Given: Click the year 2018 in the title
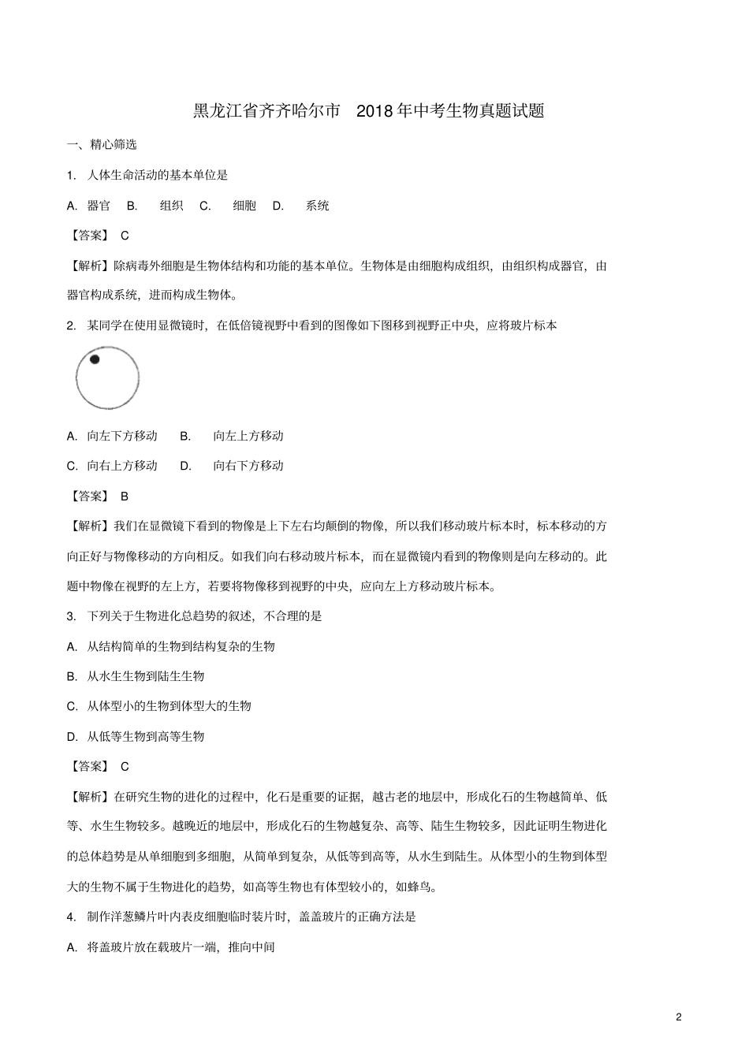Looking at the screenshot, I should pyautogui.click(x=375, y=111).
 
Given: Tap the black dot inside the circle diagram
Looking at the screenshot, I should pyautogui.click(x=95, y=359).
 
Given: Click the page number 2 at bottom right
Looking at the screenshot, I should pyautogui.click(x=679, y=1017).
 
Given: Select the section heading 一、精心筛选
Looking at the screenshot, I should pyautogui.click(x=102, y=144).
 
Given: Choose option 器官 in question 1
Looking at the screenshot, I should pyautogui.click(x=99, y=206).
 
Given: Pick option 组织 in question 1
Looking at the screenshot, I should pyautogui.click(x=171, y=206).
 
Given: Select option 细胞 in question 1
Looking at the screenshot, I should pyautogui.click(x=244, y=206).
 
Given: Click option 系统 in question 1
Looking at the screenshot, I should pyautogui.click(x=317, y=206).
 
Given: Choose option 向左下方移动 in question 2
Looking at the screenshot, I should pyautogui.click(x=121, y=436).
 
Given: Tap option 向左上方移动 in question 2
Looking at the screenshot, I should pyautogui.click(x=248, y=436).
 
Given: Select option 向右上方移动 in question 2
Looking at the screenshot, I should pyautogui.click(x=121, y=466).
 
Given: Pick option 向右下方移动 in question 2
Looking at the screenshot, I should pyautogui.click(x=248, y=466).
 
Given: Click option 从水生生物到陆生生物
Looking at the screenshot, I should pyautogui.click(x=145, y=676).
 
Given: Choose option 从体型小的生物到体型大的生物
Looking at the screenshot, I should pyautogui.click(x=169, y=706).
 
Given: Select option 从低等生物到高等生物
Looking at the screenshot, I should pyautogui.click(x=145, y=737).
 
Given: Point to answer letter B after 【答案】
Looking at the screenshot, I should pyautogui.click(x=125, y=497).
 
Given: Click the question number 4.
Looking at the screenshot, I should pyautogui.click(x=71, y=917).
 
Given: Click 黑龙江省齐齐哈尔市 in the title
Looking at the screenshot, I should pyautogui.click(x=267, y=111).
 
